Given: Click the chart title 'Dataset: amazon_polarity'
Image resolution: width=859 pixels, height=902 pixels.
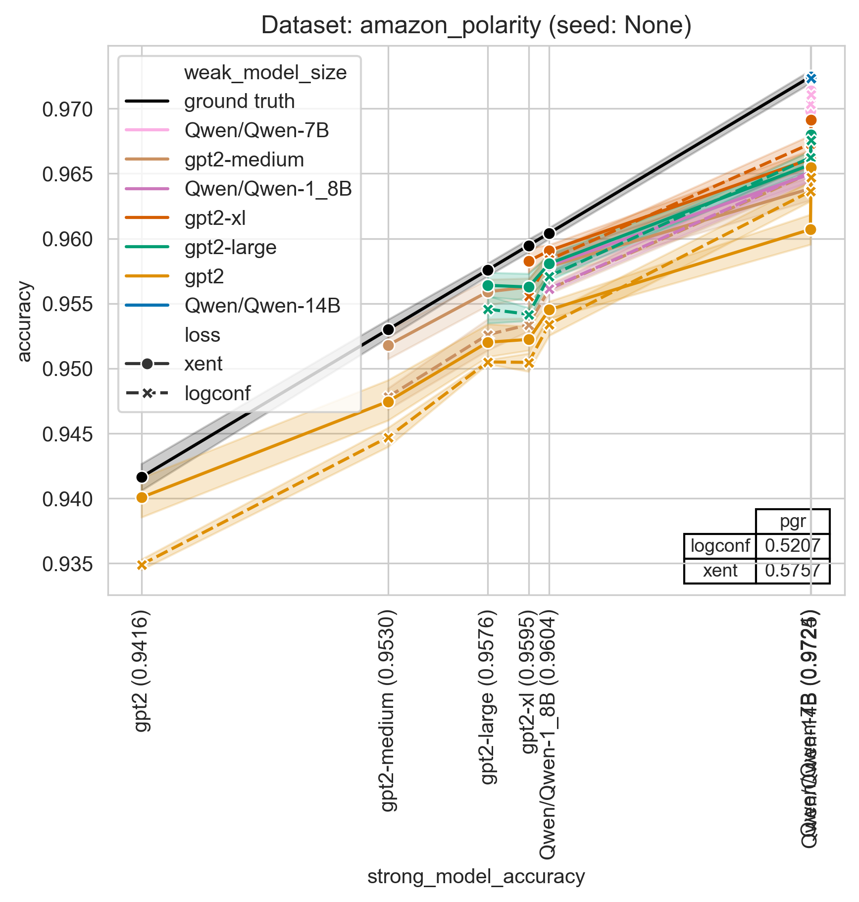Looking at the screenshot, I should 476,25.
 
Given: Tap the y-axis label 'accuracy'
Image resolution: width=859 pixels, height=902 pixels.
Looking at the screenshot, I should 24,321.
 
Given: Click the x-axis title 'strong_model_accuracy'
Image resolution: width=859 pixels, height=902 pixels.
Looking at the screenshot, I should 476,876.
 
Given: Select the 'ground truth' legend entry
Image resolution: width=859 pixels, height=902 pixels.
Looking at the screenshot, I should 239,102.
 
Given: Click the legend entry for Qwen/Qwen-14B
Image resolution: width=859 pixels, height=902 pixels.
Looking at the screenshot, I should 262,306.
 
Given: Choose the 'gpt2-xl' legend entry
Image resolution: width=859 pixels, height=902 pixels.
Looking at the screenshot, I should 215,218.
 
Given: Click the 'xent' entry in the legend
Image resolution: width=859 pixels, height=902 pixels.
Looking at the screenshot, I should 203,364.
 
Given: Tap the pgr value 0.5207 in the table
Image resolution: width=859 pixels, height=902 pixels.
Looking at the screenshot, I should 793,546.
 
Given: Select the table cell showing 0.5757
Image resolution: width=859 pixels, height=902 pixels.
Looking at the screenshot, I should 793,571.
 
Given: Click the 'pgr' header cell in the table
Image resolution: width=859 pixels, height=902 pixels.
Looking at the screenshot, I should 793,522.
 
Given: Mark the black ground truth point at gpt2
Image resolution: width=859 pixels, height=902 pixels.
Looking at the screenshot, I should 142,477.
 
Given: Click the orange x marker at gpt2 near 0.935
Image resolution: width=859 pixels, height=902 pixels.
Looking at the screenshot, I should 142,565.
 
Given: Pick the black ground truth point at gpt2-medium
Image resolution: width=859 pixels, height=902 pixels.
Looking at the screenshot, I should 389,329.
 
